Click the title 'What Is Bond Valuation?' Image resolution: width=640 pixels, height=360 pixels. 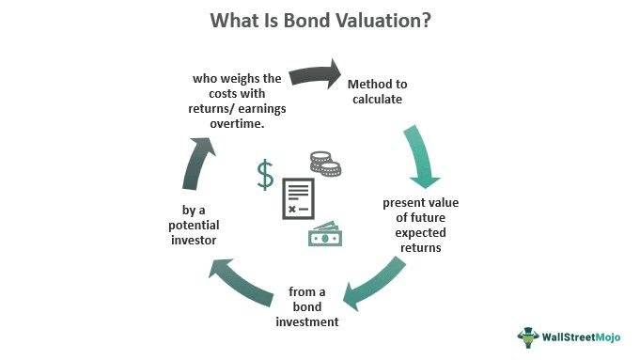coord(320,20)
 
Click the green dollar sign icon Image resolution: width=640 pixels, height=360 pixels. coord(266,175)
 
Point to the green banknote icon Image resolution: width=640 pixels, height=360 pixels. coord(325,235)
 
